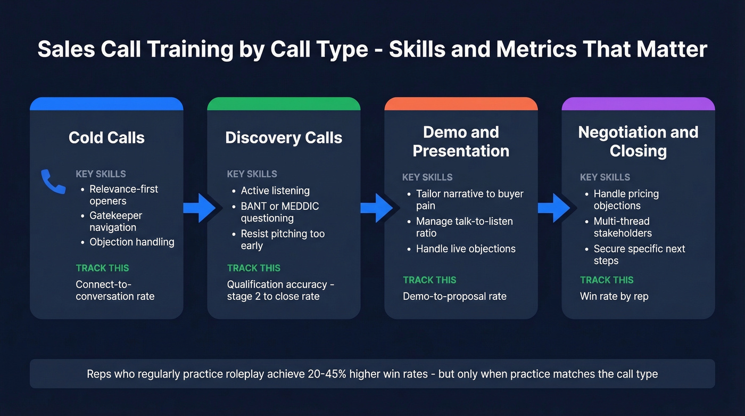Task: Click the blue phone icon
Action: coord(53,182)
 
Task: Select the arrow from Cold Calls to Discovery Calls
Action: coord(201,208)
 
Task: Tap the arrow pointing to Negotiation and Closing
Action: coord(555,208)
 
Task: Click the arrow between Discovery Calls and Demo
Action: coord(378,208)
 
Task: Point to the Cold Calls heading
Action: coord(106,137)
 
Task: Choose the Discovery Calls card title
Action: coord(284,137)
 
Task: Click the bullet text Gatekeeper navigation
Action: coord(115,222)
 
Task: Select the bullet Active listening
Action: coord(275,191)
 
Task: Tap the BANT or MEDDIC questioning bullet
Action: coord(279,212)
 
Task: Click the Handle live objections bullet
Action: coord(466,249)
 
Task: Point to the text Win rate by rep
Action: coord(614,296)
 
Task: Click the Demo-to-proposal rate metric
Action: coord(454,296)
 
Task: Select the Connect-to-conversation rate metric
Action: coord(115,290)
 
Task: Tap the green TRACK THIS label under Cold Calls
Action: coord(102,268)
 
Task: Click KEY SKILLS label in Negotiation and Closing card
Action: coord(605,177)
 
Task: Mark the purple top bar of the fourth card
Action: coord(638,103)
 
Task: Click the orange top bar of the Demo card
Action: coord(461,103)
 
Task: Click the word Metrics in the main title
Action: coord(536,50)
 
